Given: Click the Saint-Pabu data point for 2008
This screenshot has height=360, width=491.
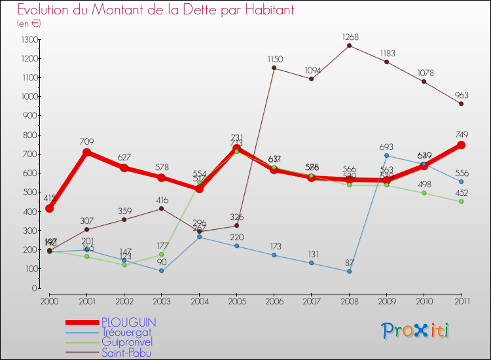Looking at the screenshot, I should click(349, 45).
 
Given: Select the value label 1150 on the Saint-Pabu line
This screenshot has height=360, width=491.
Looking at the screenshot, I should click(274, 60).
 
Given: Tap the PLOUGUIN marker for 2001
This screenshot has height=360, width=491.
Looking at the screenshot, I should click(86, 153).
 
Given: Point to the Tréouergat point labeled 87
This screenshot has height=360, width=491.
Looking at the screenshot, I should click(349, 271).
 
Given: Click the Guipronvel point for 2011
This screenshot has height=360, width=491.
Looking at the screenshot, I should click(461, 202).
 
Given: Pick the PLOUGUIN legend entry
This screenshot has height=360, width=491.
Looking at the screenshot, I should click(128, 323).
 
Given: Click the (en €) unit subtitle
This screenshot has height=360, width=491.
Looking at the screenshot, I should click(29, 24).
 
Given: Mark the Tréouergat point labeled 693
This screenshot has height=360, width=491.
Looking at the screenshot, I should click(386, 156).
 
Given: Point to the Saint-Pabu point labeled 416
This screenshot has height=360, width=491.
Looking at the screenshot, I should click(161, 209).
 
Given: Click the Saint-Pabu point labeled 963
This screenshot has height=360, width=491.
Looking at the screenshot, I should click(461, 104).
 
